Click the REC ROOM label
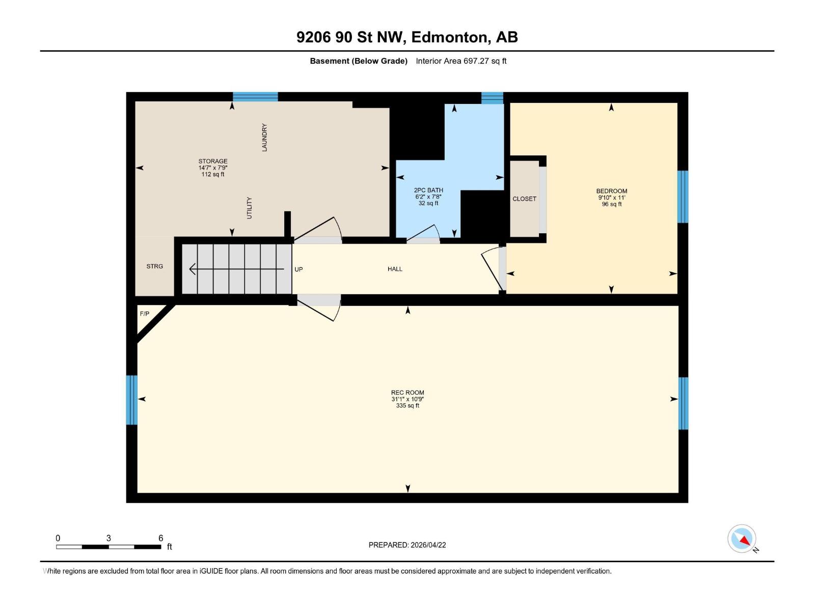[407, 393]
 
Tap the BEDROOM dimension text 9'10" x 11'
[611, 198]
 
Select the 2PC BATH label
[428, 190]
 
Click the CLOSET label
[524, 199]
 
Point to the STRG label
[154, 266]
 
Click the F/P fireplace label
[145, 314]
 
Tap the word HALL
[395, 269]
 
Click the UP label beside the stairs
[298, 269]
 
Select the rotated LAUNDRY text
[264, 137]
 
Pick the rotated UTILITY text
[249, 208]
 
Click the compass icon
[742, 539]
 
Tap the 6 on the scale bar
[161, 538]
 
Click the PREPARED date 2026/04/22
[428, 545]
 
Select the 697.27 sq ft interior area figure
[484, 61]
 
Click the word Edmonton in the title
[450, 37]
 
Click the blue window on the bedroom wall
[683, 197]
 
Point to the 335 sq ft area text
[407, 406]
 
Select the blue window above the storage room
[255, 97]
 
